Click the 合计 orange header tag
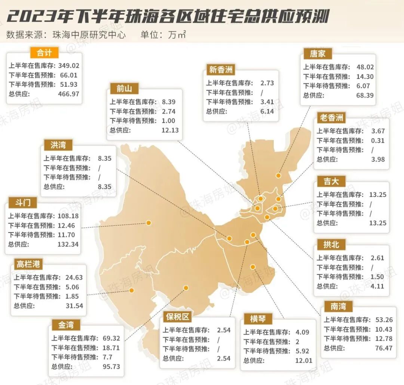pos(45,52)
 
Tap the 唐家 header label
pos(317,54)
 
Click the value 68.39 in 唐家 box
pos(364,95)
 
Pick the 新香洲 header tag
pos(221,70)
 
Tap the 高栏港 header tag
pos(29,264)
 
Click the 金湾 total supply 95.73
pos(111,366)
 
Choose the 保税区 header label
pos(177,317)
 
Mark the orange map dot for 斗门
pos(149,223)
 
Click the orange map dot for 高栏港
pos(131,290)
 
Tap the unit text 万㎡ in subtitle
pos(177,35)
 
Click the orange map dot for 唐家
pos(278,175)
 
